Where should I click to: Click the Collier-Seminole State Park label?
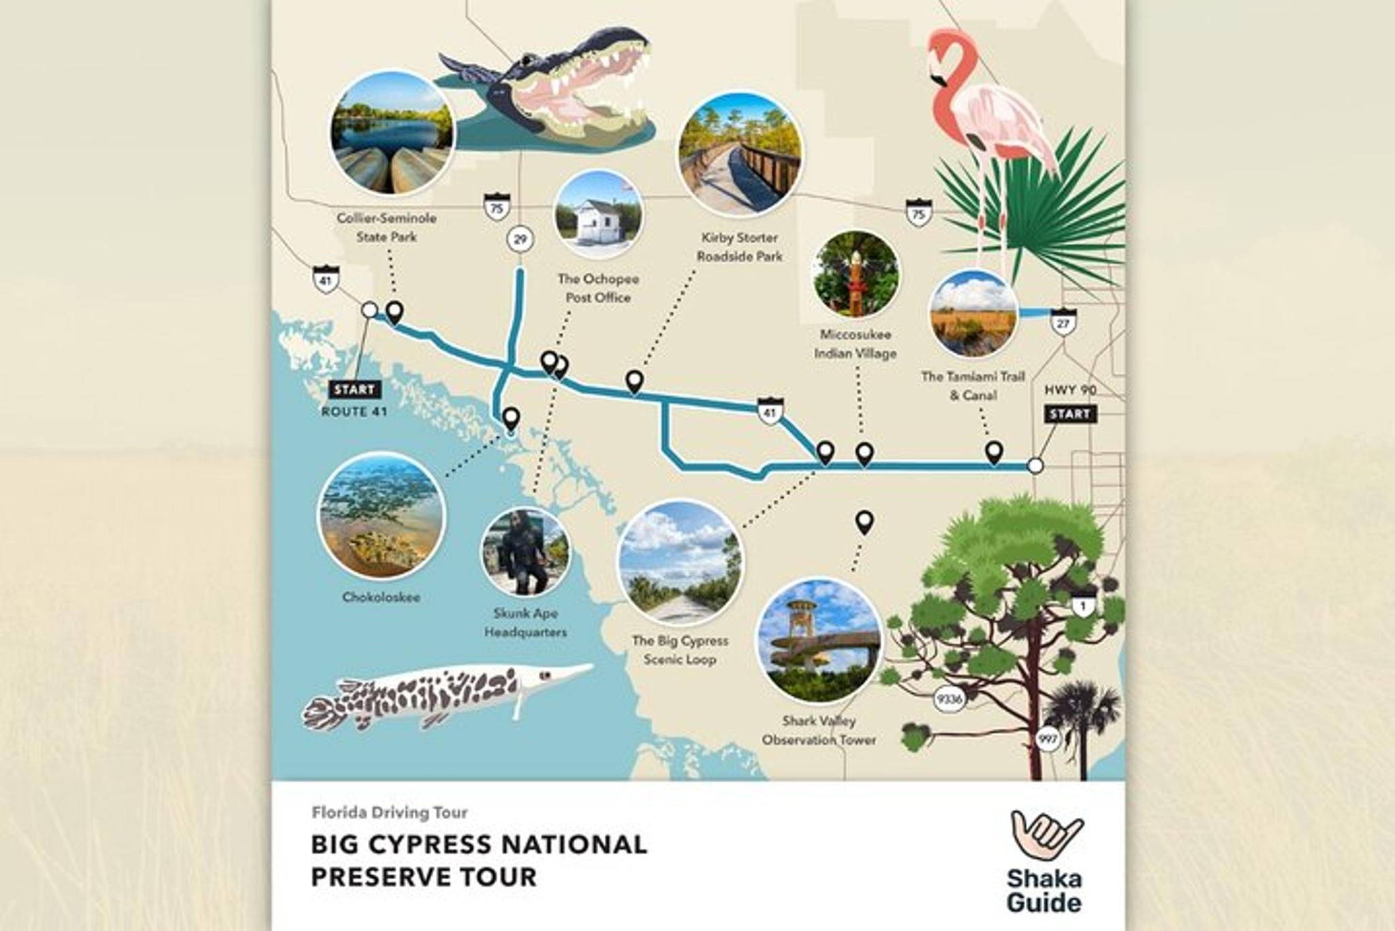(386, 227)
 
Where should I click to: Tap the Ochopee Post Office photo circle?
(598, 215)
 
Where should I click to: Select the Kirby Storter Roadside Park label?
(739, 247)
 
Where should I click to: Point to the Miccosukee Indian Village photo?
(856, 274)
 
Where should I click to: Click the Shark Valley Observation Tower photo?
(819, 640)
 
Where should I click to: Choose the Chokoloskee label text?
(381, 597)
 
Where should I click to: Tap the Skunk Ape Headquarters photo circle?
(525, 552)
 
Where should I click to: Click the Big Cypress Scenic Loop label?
(680, 650)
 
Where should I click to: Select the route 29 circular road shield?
(520, 239)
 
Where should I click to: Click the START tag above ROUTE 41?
(355, 390)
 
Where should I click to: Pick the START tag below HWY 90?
(1069, 414)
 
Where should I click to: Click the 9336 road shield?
(949, 699)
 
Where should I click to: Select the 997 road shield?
(1047, 738)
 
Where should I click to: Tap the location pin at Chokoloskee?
(511, 418)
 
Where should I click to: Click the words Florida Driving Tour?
(390, 812)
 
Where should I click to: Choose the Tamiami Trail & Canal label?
(973, 385)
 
